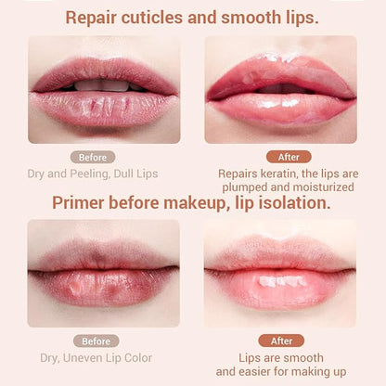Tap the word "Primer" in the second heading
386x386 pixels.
point(82,202)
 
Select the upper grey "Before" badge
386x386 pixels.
point(93,157)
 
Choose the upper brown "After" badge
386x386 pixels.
point(288,157)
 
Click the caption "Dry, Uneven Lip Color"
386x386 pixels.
point(96,357)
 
